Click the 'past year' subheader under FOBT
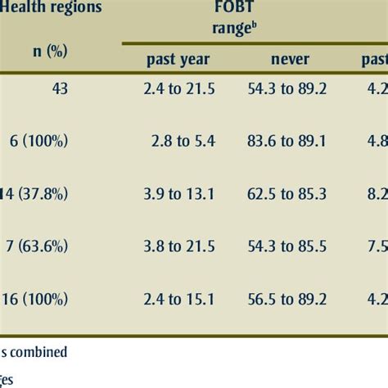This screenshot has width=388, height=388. click(x=178, y=59)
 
